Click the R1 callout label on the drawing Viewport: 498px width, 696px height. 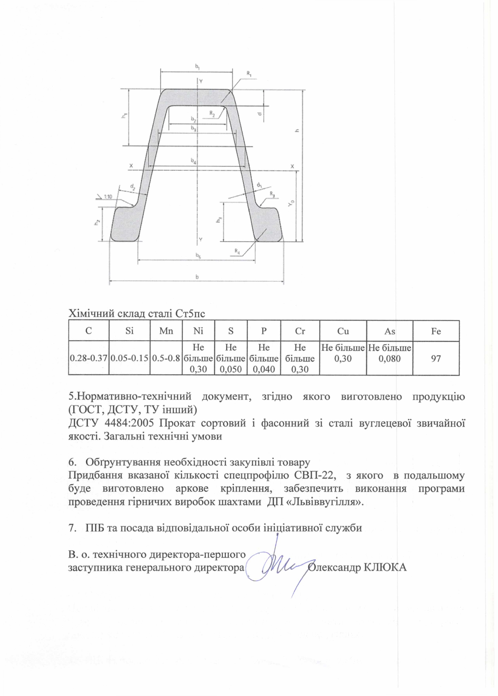click(x=249, y=74)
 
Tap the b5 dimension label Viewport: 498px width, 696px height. click(x=198, y=256)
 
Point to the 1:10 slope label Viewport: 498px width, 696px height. click(x=108, y=196)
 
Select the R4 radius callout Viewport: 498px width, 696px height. click(x=237, y=251)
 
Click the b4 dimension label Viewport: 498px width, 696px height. click(x=193, y=161)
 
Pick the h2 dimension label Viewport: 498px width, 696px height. click(x=97, y=223)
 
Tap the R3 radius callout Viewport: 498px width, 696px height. click(x=272, y=194)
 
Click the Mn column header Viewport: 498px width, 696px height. click(x=166, y=331)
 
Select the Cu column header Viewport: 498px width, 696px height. click(x=343, y=331)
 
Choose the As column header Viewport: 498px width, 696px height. click(x=390, y=331)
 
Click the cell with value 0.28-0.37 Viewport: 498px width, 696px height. click(x=89, y=358)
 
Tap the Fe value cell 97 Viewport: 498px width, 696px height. click(x=436, y=358)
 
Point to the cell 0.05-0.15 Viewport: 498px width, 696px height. click(x=130, y=358)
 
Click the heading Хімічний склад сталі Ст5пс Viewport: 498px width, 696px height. click(x=137, y=314)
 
